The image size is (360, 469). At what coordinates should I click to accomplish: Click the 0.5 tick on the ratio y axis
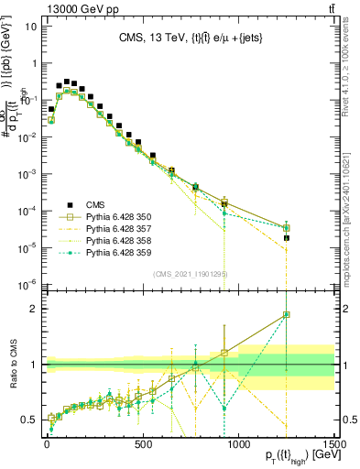pos(30,420)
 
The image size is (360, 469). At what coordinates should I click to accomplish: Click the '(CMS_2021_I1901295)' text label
pos(190,274)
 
